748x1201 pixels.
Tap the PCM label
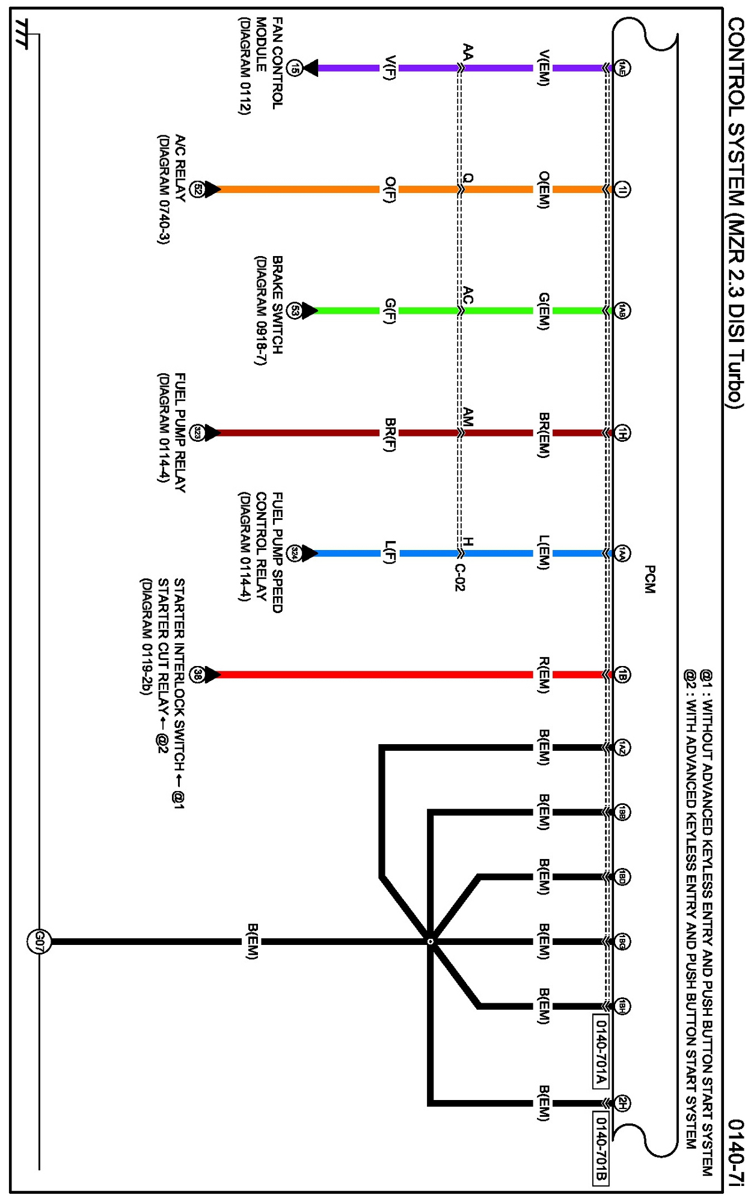[x=649, y=579]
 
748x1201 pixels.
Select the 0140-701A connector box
[x=601, y=1051]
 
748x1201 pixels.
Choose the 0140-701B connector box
[x=601, y=1149]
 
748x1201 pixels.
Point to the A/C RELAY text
[x=180, y=168]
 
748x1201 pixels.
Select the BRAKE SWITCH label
[x=277, y=305]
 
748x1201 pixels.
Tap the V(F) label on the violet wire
[x=390, y=68]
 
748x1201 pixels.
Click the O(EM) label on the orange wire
[x=543, y=189]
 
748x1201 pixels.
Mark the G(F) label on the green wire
[x=390, y=311]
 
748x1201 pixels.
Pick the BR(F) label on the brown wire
[x=390, y=433]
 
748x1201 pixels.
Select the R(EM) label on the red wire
[x=543, y=674]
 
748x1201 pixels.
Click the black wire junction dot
[x=430, y=941]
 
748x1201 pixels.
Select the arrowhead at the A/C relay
[x=212, y=189]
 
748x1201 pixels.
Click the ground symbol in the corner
[x=22, y=34]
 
